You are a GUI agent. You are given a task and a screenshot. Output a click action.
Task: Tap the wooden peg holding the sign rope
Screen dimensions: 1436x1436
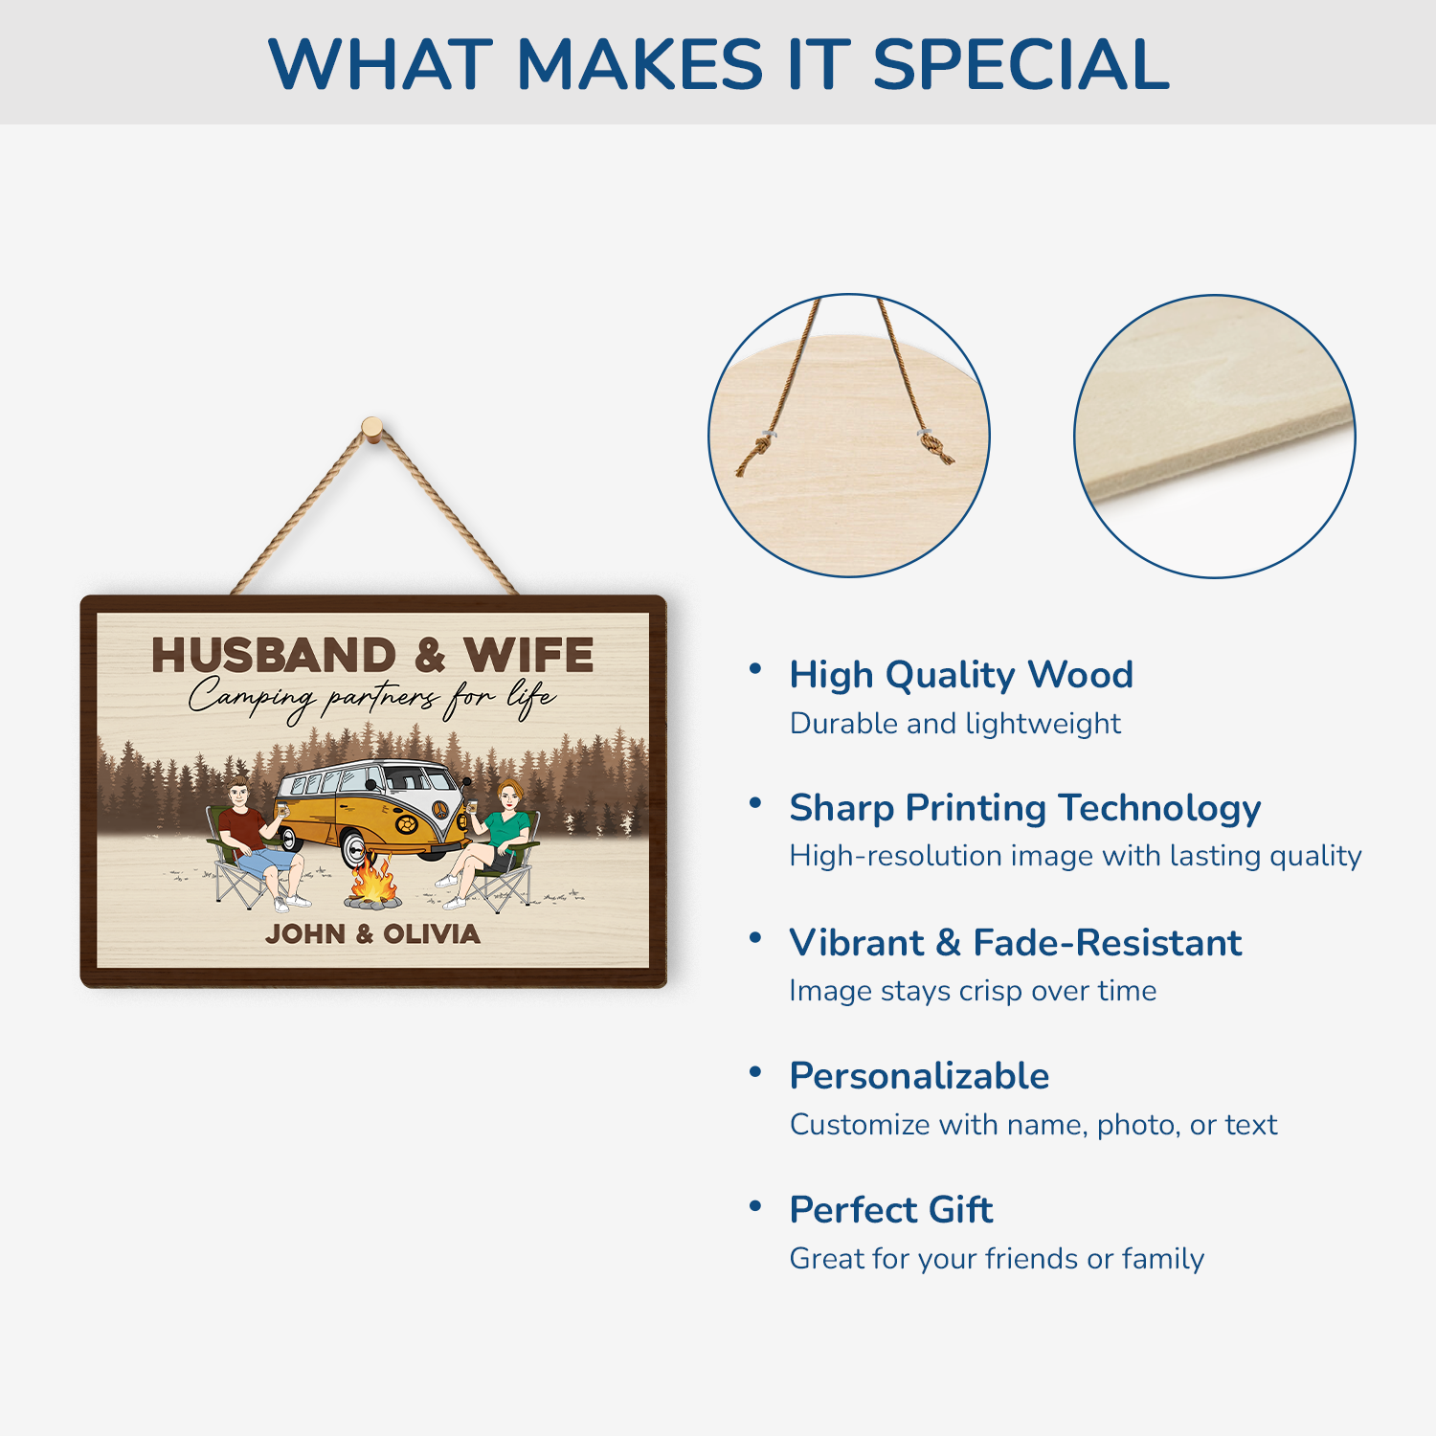click(372, 427)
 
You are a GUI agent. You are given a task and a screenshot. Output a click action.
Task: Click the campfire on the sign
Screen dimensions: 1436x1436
click(372, 884)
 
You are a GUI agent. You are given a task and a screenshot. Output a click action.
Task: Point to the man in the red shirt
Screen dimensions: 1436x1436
click(251, 833)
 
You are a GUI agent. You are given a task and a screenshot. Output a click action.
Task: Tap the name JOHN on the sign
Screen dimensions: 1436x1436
click(305, 933)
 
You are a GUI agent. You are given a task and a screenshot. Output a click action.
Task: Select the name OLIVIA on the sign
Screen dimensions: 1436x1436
click(432, 933)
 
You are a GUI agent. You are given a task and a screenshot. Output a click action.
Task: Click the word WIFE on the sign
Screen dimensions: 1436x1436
click(528, 656)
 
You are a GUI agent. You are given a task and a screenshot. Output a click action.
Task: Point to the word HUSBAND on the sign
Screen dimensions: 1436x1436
click(274, 656)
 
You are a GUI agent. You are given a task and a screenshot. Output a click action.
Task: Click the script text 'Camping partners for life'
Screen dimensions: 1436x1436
click(371, 697)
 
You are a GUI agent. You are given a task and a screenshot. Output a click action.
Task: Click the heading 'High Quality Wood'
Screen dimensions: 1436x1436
click(960, 675)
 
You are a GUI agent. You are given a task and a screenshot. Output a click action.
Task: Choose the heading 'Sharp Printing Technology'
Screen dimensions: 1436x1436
click(1024, 808)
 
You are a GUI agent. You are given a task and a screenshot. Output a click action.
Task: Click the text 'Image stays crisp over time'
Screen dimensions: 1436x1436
click(973, 991)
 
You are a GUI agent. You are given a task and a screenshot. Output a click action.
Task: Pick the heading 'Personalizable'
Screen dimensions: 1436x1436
click(919, 1076)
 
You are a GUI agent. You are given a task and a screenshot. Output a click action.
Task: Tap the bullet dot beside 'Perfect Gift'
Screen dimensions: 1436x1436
click(755, 1205)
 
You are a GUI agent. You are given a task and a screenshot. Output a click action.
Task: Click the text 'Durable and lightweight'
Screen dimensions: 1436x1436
click(954, 724)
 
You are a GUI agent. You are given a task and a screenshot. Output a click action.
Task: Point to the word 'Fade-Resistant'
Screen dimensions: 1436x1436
click(1107, 943)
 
